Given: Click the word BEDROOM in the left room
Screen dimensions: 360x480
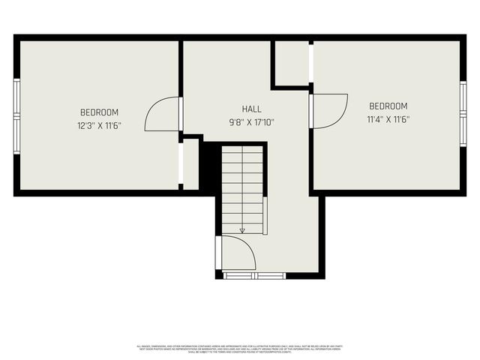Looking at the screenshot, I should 99,112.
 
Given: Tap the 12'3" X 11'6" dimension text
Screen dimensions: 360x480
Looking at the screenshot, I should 99,126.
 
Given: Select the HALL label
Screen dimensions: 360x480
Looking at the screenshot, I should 252,109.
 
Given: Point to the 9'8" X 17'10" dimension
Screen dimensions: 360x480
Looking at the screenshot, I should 252,121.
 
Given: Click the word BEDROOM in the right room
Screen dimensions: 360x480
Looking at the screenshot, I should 388,106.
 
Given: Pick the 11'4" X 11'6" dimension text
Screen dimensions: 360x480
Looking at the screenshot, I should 388,119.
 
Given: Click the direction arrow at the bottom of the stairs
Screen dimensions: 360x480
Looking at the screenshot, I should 242,230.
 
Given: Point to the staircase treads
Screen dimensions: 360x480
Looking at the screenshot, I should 242,187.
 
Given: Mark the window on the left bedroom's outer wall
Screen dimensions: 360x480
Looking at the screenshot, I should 16,115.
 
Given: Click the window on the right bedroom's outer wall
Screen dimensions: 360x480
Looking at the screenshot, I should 463,113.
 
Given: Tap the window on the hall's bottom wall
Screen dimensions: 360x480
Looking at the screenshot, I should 255,276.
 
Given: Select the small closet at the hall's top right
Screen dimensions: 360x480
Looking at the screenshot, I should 292,63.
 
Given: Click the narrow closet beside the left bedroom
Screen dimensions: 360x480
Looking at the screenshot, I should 191,163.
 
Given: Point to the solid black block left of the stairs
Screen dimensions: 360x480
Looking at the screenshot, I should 210,166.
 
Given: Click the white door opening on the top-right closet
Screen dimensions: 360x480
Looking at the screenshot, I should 310,63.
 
